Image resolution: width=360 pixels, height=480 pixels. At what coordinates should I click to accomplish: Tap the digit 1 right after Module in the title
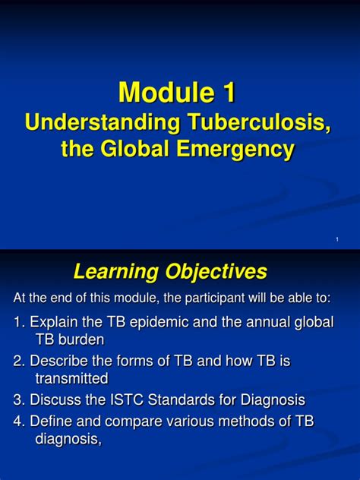[x=229, y=93]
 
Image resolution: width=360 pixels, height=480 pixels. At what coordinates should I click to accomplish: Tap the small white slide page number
[x=336, y=240]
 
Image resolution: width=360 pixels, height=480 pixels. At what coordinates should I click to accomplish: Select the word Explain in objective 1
[x=54, y=322]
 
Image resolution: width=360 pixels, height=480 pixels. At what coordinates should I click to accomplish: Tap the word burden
[x=80, y=339]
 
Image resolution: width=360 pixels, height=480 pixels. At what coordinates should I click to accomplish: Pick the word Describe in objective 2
[x=61, y=361]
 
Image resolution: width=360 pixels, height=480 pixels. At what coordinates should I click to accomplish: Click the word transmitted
[x=71, y=378]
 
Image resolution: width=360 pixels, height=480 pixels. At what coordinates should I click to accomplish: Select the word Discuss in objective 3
[x=57, y=399]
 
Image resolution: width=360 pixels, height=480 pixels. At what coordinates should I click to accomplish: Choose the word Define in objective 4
[x=52, y=421]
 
